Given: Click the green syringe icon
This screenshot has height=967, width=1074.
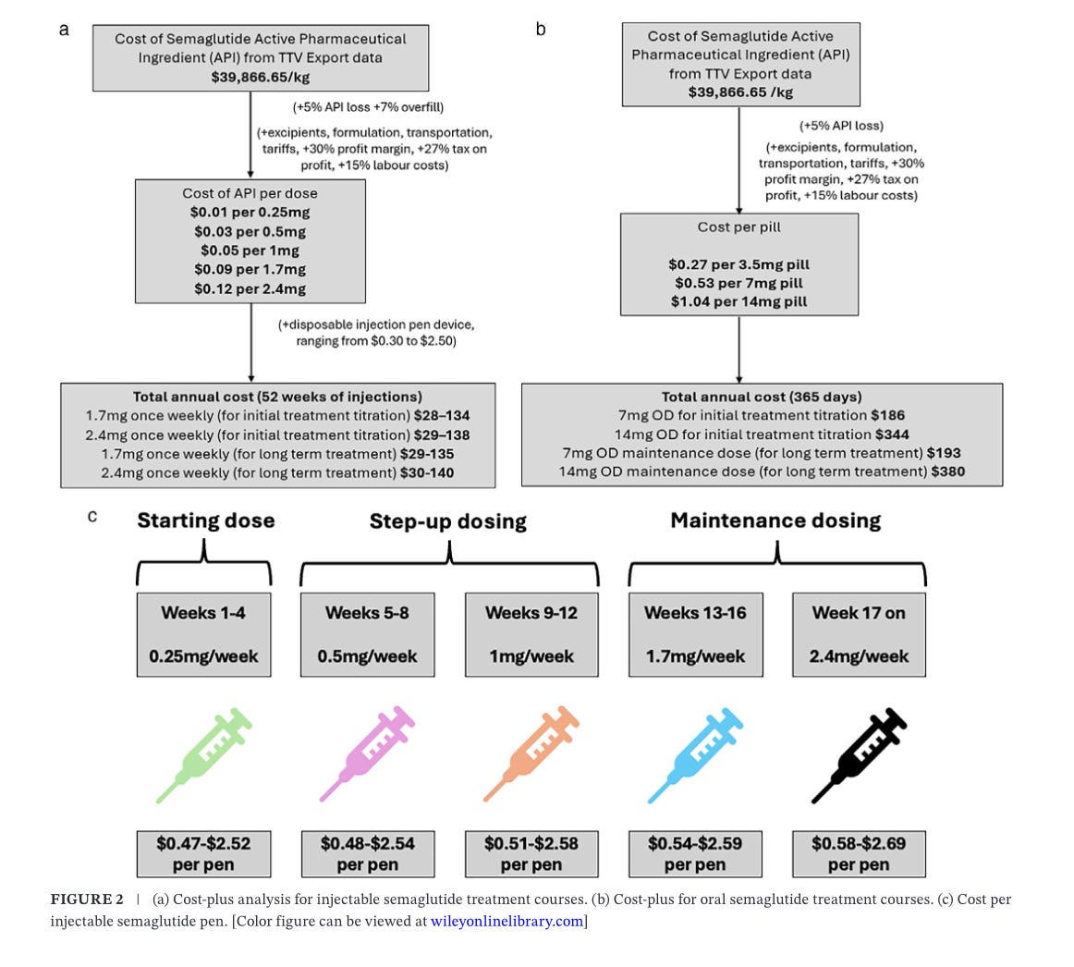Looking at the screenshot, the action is click(x=202, y=756).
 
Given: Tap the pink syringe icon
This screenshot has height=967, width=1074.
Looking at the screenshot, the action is click(x=366, y=754).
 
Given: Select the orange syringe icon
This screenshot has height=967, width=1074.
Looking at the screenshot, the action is click(x=531, y=754).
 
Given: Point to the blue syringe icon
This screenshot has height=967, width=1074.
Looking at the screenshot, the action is click(x=694, y=756).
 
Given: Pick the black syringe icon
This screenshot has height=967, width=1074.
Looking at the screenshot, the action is click(x=859, y=756).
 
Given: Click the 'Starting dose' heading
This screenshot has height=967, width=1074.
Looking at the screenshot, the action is click(x=205, y=520).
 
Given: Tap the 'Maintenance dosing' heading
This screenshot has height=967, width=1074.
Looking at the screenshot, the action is click(x=775, y=520).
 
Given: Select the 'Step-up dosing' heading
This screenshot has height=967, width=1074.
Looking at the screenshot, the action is click(x=448, y=521).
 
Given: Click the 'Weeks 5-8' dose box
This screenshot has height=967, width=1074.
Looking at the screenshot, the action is click(x=367, y=634).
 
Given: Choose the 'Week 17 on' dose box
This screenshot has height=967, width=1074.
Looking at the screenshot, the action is click(x=859, y=634).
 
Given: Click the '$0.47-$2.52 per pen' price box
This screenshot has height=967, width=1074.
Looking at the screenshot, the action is click(x=203, y=854).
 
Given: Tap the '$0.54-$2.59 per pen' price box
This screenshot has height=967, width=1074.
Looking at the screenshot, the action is click(x=695, y=854).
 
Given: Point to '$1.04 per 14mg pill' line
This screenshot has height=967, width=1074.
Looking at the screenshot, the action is click(x=739, y=301).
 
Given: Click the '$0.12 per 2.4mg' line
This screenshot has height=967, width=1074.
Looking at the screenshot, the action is click(x=250, y=289).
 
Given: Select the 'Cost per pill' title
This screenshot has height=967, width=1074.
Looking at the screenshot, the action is click(x=739, y=226).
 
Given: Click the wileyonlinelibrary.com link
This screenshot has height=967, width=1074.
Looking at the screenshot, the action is click(x=506, y=921).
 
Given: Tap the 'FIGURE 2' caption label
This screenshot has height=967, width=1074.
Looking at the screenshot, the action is click(x=87, y=900).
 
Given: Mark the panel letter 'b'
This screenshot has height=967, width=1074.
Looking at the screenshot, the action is click(x=541, y=30).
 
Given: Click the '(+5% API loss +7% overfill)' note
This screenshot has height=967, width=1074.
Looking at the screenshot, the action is click(x=369, y=107).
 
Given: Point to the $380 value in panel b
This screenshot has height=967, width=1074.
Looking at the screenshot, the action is click(x=948, y=471).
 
